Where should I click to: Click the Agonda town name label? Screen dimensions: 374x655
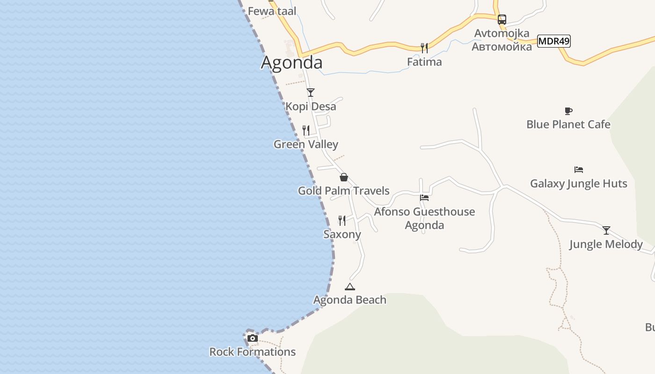coord(291,62)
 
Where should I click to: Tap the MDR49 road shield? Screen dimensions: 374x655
coord(554,41)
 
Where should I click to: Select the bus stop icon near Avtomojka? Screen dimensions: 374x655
coord(502,20)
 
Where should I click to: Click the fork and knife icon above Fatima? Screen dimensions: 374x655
coord(424,48)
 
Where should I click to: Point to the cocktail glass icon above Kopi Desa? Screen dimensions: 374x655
coord(311,93)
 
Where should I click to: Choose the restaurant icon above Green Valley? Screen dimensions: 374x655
coord(306,130)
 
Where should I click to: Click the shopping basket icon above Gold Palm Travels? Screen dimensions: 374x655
coord(344,177)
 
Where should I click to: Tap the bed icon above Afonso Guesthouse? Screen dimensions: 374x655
coord(424,198)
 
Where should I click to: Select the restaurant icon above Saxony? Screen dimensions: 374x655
coord(342,220)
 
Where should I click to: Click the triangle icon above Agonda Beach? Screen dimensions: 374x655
coord(349,287)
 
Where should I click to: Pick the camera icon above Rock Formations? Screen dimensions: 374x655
coord(253,338)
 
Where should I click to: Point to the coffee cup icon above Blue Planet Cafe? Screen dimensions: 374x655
coord(568,111)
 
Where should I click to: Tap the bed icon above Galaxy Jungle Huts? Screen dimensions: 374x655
coord(579,170)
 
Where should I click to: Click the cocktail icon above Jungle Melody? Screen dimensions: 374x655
coord(606,230)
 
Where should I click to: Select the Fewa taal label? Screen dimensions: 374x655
coord(272,11)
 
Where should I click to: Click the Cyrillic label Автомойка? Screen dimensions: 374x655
coord(502,47)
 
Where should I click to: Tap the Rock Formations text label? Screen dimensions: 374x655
coord(252,352)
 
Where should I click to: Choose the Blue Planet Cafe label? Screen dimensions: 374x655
coord(568,124)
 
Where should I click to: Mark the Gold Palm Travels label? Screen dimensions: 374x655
coord(344,191)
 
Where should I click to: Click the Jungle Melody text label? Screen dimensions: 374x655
coord(606,244)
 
